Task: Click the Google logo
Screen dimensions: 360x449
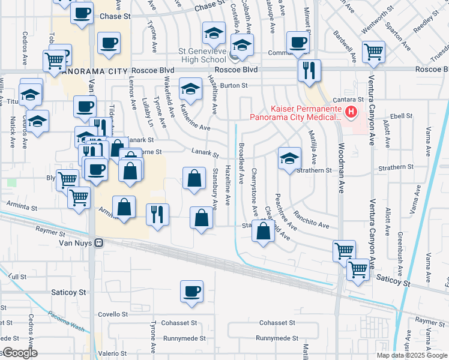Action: (x=20, y=353)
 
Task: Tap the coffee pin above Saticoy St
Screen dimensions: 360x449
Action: (x=192, y=291)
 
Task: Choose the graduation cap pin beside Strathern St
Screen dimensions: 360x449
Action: (x=289, y=158)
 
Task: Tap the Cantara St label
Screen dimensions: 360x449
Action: (x=352, y=98)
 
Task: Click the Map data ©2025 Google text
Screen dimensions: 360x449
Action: (x=412, y=355)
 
